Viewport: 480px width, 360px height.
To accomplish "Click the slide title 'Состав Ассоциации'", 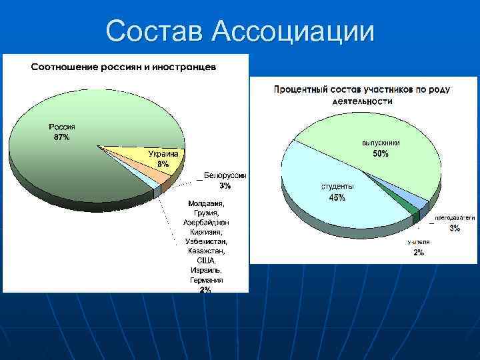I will click(x=240, y=31).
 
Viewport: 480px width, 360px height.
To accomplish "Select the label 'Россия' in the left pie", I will click(x=61, y=127).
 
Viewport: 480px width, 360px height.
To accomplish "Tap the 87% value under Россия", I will click(x=61, y=137).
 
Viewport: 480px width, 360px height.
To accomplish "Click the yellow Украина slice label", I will click(x=163, y=154).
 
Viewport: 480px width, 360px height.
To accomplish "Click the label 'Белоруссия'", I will click(x=225, y=175).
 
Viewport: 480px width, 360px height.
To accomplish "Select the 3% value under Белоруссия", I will click(x=225, y=185).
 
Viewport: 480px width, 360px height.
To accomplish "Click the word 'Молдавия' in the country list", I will click(x=207, y=203).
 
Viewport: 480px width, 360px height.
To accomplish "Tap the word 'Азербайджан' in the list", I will click(x=207, y=221).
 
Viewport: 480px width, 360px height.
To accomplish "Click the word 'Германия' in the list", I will click(x=207, y=281).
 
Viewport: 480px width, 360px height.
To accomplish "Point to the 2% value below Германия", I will click(x=205, y=290).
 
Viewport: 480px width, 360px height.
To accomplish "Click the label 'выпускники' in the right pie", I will click(x=381, y=143).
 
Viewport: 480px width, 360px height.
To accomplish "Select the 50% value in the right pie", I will click(x=381, y=154).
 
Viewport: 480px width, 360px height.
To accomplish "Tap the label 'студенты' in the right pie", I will click(x=337, y=187).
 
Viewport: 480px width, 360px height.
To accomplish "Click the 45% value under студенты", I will click(x=337, y=197).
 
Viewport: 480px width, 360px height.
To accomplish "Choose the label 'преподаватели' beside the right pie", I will click(x=455, y=218).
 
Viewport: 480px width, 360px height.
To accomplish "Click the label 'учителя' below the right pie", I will click(x=419, y=243).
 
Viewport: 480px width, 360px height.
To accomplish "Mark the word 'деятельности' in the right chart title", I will click(x=363, y=102).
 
